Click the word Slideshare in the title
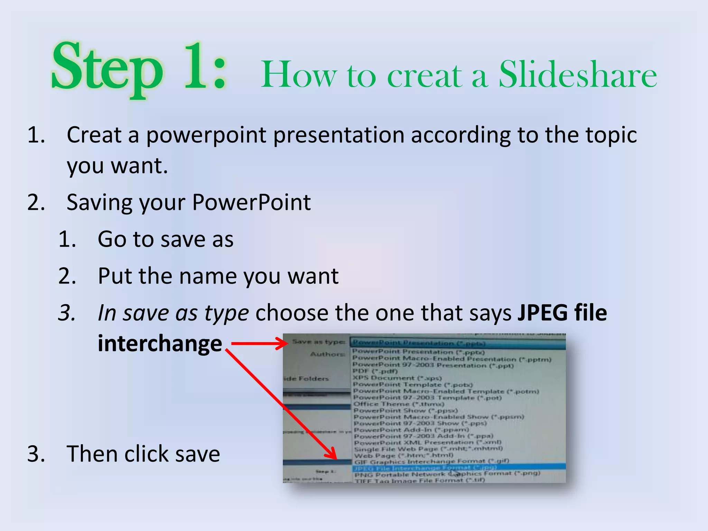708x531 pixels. coord(577,75)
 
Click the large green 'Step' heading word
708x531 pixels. coord(107,67)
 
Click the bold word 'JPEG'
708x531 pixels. coord(542,313)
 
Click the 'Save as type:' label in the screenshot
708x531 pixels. coord(318,342)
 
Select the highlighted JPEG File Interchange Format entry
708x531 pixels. coord(425,468)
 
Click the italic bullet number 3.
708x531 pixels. coord(67,314)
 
